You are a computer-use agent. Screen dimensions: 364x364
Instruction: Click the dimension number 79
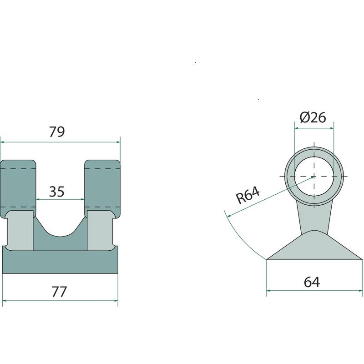pos(57,131)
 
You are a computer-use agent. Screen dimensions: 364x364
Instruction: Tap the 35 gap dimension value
pos(56,192)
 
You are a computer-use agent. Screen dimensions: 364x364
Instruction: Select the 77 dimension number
pos(59,292)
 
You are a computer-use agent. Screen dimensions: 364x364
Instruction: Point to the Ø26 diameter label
pos(313,117)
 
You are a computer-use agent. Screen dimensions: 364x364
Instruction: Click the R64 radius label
pos(248,195)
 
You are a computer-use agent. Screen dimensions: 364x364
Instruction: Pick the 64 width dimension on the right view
pos(312,282)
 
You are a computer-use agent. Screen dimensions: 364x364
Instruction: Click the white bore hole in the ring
pos(314,176)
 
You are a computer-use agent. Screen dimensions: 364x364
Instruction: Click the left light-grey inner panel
pos(20,231)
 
